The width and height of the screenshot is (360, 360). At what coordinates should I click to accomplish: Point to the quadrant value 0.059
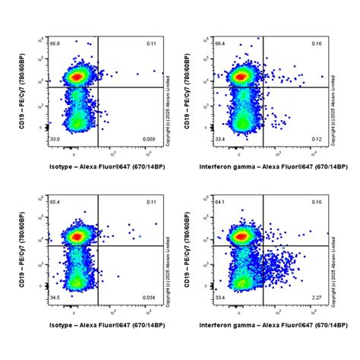(x=150, y=139)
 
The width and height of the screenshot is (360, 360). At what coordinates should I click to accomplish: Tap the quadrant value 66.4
(x=220, y=44)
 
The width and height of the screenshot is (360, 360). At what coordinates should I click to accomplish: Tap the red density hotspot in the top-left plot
(x=76, y=76)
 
